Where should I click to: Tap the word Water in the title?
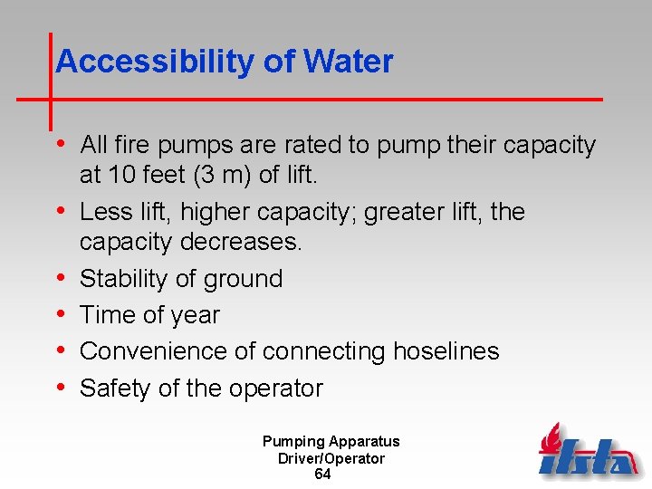coord(349,62)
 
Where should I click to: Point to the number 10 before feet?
coord(120,175)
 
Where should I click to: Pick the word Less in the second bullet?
coord(105,212)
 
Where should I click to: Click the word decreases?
coord(238,243)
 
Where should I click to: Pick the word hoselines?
coord(446,351)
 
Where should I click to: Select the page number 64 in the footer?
coord(322,475)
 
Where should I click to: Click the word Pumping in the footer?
coord(293,442)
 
